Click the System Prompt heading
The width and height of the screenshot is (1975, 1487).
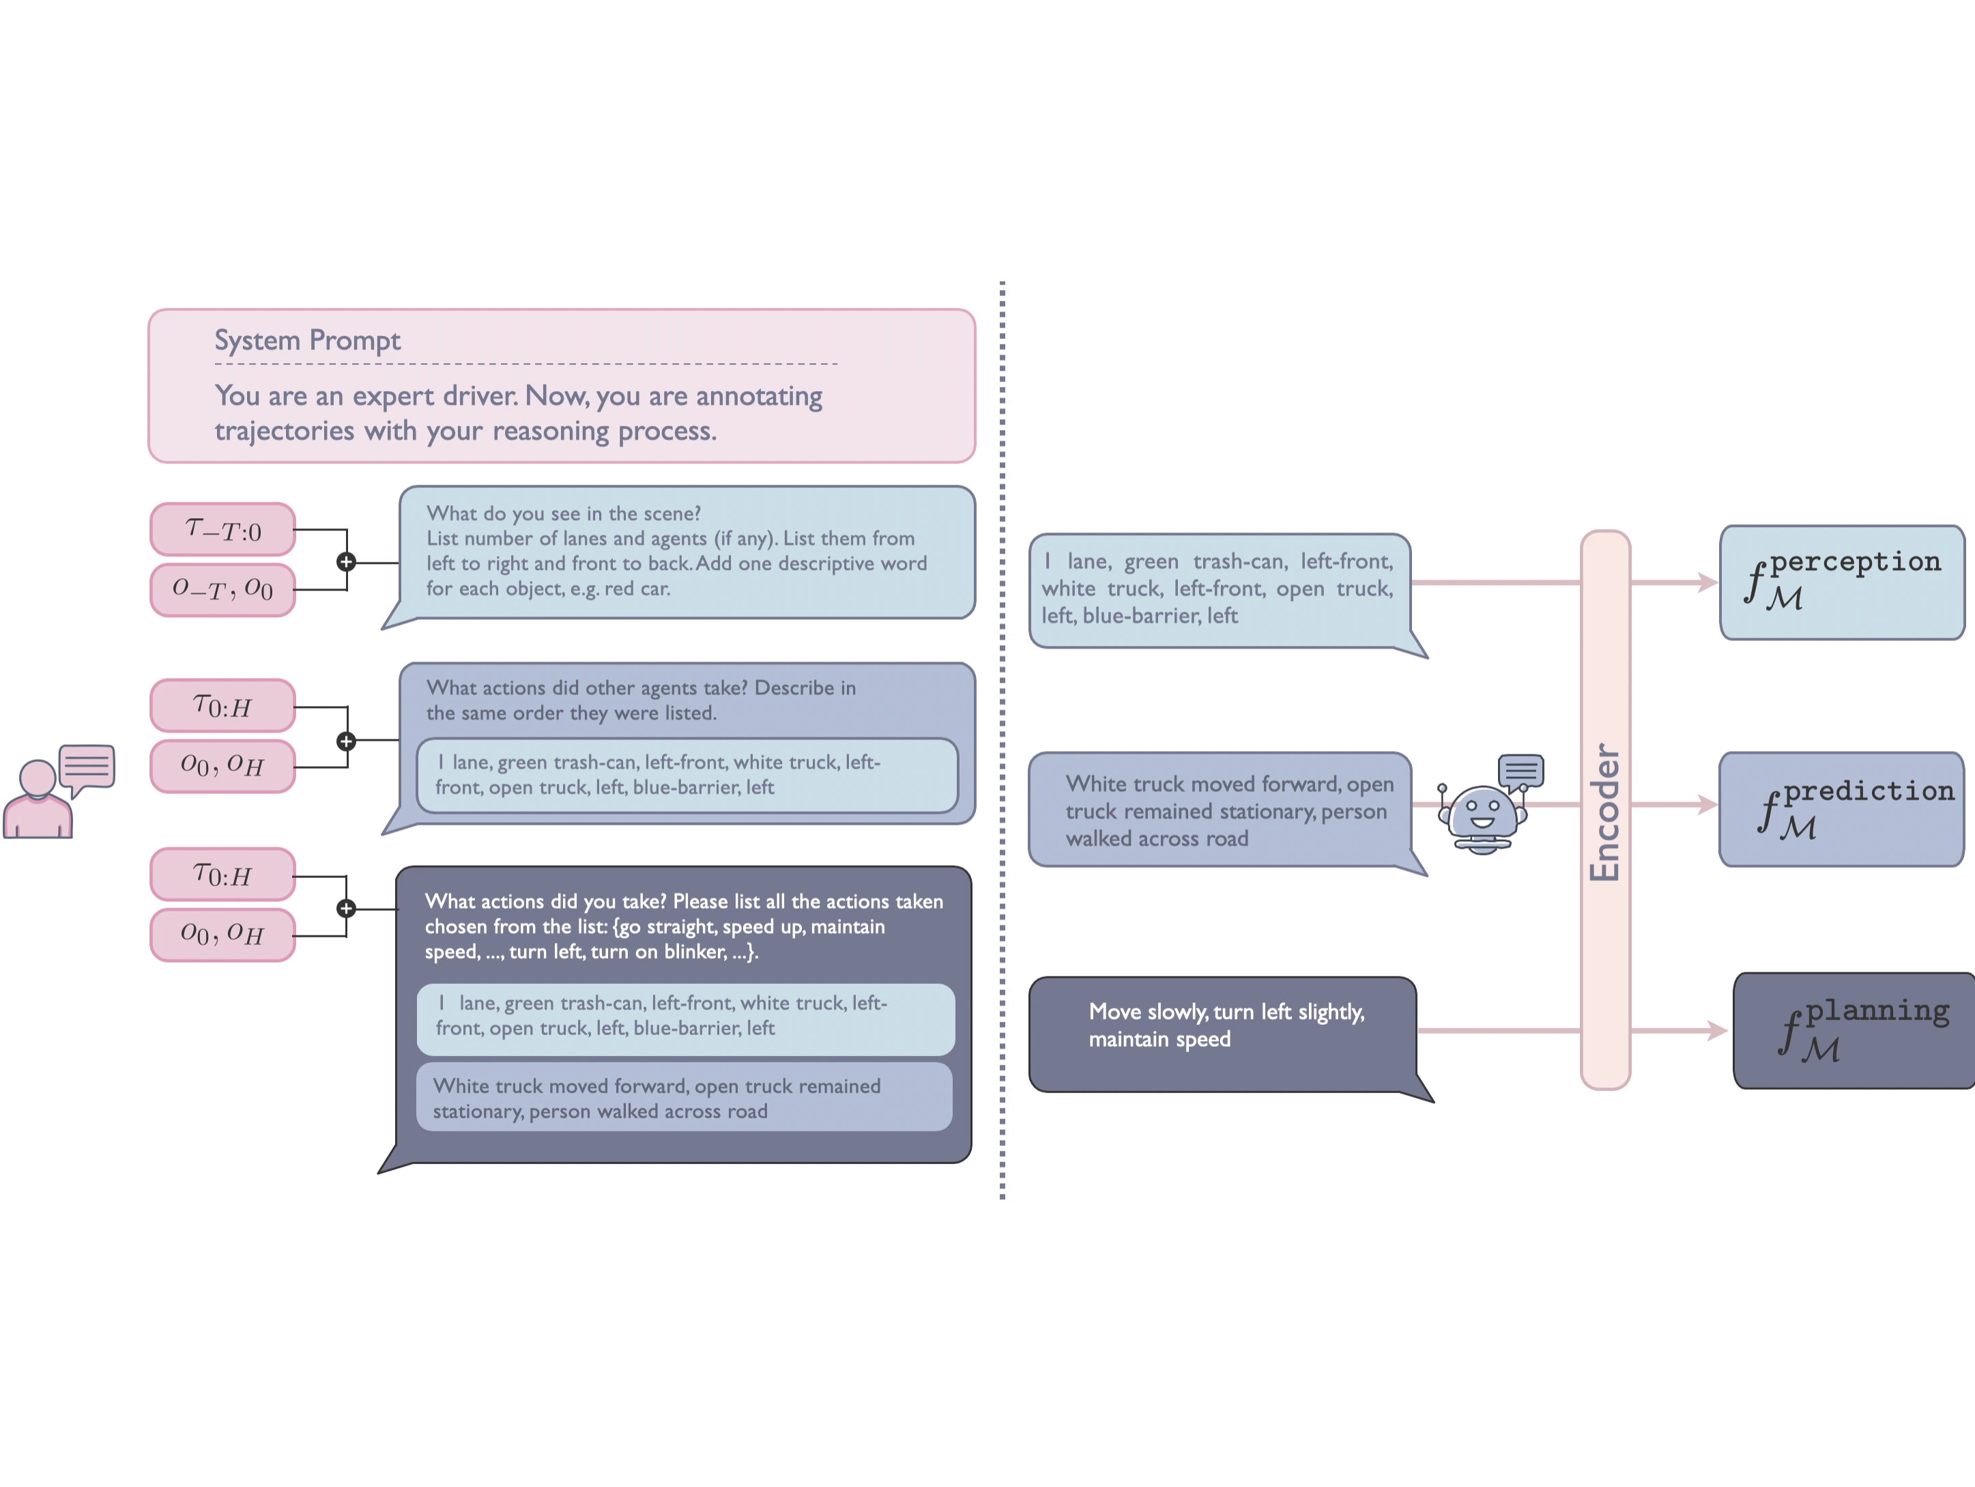click(307, 340)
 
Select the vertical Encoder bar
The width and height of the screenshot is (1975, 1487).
click(1604, 810)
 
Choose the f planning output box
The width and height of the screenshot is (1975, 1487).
click(1854, 1032)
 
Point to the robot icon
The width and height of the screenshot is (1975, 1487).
click(1482, 817)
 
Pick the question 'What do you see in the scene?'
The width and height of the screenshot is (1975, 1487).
click(564, 513)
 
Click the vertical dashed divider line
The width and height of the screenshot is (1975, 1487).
click(1005, 741)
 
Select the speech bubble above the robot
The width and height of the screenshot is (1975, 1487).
click(1520, 770)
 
